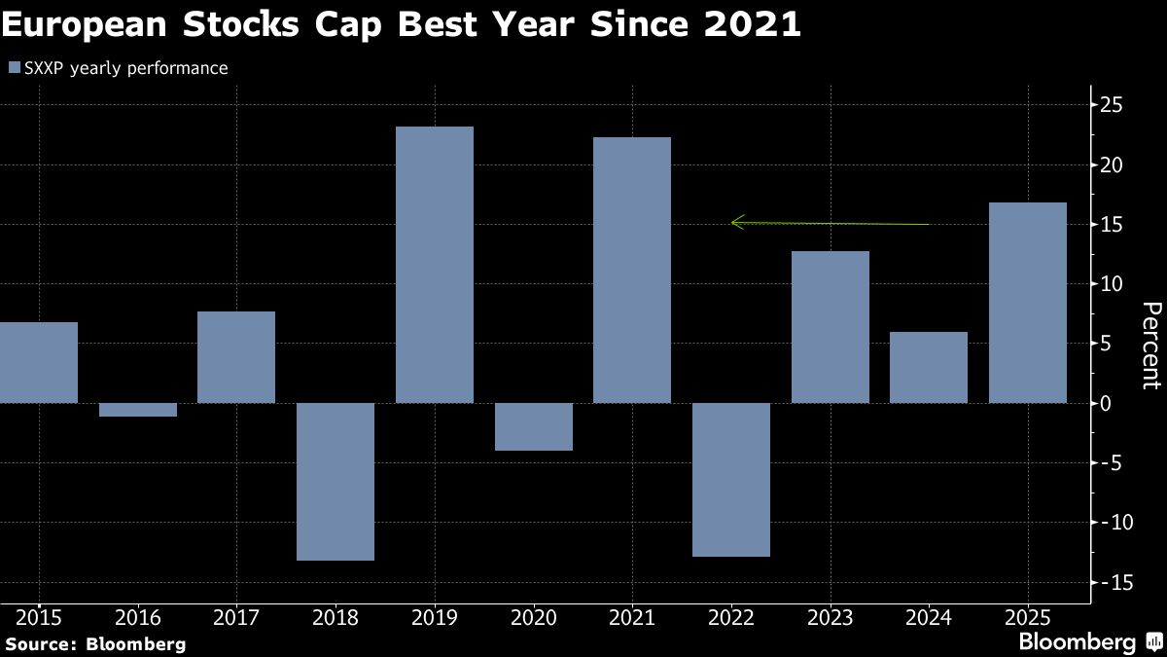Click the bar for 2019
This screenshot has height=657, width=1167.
pyautogui.click(x=435, y=265)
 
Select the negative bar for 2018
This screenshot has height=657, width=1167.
pyautogui.click(x=336, y=482)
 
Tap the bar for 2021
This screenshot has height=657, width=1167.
pyautogui.click(x=632, y=270)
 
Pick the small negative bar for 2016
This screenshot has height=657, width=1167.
pyautogui.click(x=137, y=410)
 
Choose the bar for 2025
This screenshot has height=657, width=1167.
pyautogui.click(x=1028, y=303)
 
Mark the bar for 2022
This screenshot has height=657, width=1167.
pyautogui.click(x=731, y=480)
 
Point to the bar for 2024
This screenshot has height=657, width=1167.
pyautogui.click(x=929, y=368)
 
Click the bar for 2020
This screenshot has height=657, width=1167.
pyautogui.click(x=533, y=426)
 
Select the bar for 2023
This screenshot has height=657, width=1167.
pyautogui.click(x=831, y=327)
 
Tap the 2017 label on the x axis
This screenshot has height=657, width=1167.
pyautogui.click(x=235, y=616)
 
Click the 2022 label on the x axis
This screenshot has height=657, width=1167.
pyautogui.click(x=731, y=616)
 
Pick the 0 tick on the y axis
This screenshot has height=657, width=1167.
pyautogui.click(x=1107, y=403)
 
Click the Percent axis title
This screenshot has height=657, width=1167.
pyautogui.click(x=1150, y=346)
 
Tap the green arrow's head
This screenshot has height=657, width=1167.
pyautogui.click(x=735, y=223)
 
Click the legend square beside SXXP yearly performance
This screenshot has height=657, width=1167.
pyautogui.click(x=14, y=68)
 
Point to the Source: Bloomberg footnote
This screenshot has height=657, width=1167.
pyautogui.click(x=94, y=643)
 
